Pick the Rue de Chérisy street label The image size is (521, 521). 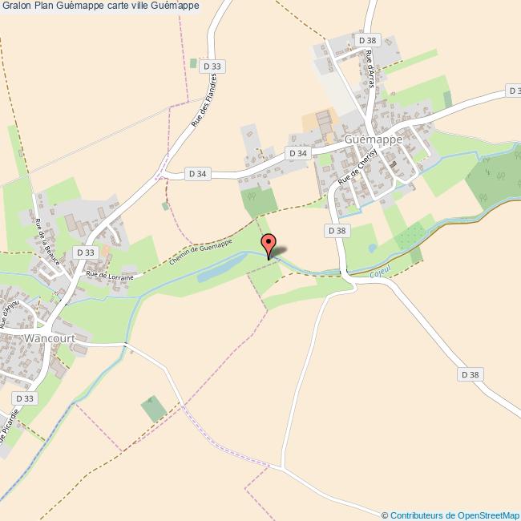coord(353,170)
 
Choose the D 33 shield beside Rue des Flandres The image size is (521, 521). coord(212,67)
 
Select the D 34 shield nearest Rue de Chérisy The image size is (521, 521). coord(297,152)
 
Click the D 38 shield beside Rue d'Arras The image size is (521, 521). coord(368,39)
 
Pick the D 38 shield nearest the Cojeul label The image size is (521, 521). coord(337,230)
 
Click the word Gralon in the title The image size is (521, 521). coord(18,6)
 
